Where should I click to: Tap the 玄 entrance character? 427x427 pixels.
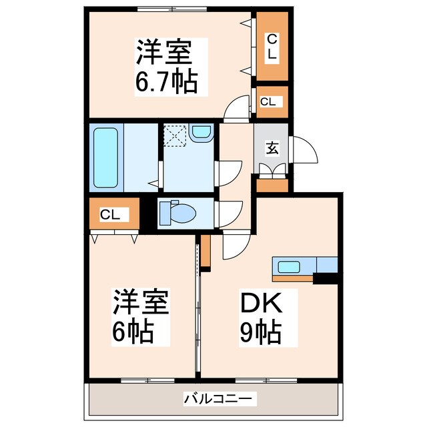point(272,148)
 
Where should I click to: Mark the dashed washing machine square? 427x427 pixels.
point(175,135)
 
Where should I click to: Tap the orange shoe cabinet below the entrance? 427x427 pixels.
point(272,185)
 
